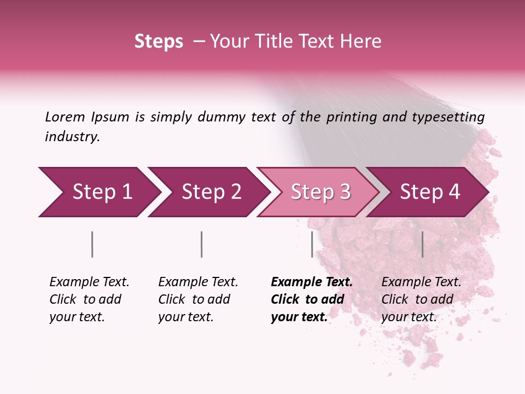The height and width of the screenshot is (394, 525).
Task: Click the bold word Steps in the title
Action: [x=159, y=42]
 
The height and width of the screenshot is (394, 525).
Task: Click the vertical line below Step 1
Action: [x=92, y=244]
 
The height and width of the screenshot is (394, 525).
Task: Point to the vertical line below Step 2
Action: [x=202, y=244]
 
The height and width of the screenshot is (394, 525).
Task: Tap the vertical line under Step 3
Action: [x=312, y=244]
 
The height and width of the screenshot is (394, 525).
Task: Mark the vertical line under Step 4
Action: [x=422, y=244]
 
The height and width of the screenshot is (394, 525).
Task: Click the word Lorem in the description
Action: [x=65, y=117]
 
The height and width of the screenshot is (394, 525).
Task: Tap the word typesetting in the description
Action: [x=445, y=117]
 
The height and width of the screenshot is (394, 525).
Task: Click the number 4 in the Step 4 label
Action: [x=454, y=192]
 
